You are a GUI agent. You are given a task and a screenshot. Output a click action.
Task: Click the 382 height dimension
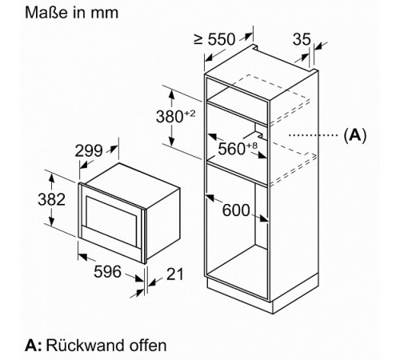tap(51, 199)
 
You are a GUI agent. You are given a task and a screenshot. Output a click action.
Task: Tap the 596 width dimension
tap(107, 272)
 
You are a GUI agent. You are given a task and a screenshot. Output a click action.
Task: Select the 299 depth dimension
tap(89, 151)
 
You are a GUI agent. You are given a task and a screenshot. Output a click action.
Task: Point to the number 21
tap(175, 274)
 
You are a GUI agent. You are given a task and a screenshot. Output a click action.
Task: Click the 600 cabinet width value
tap(236, 210)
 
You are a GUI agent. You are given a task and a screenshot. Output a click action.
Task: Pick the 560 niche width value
tap(231, 149)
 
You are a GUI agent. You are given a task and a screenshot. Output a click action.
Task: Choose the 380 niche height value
tap(170, 117)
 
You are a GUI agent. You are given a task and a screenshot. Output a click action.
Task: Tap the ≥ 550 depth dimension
tap(214, 39)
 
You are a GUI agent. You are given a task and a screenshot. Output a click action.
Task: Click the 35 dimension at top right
tap(302, 39)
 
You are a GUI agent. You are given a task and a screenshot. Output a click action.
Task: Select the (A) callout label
tap(355, 135)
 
